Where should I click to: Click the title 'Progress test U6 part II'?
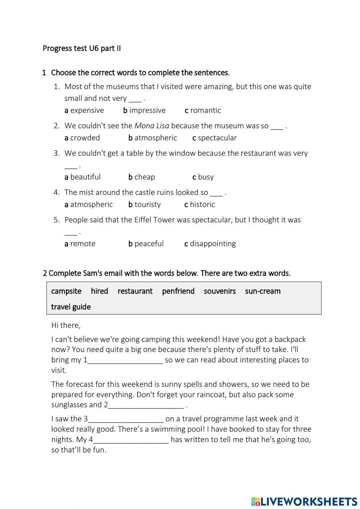click(82, 48)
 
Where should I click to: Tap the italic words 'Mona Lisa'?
click(152, 126)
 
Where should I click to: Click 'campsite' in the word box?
click(66, 291)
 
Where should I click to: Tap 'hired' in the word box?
click(99, 291)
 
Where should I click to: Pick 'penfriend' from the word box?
click(178, 291)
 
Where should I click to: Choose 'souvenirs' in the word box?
click(220, 291)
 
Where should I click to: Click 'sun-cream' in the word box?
click(262, 291)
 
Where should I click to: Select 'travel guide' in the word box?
click(71, 307)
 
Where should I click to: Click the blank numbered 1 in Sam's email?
click(125, 360)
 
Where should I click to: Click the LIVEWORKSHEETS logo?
click(304, 501)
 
